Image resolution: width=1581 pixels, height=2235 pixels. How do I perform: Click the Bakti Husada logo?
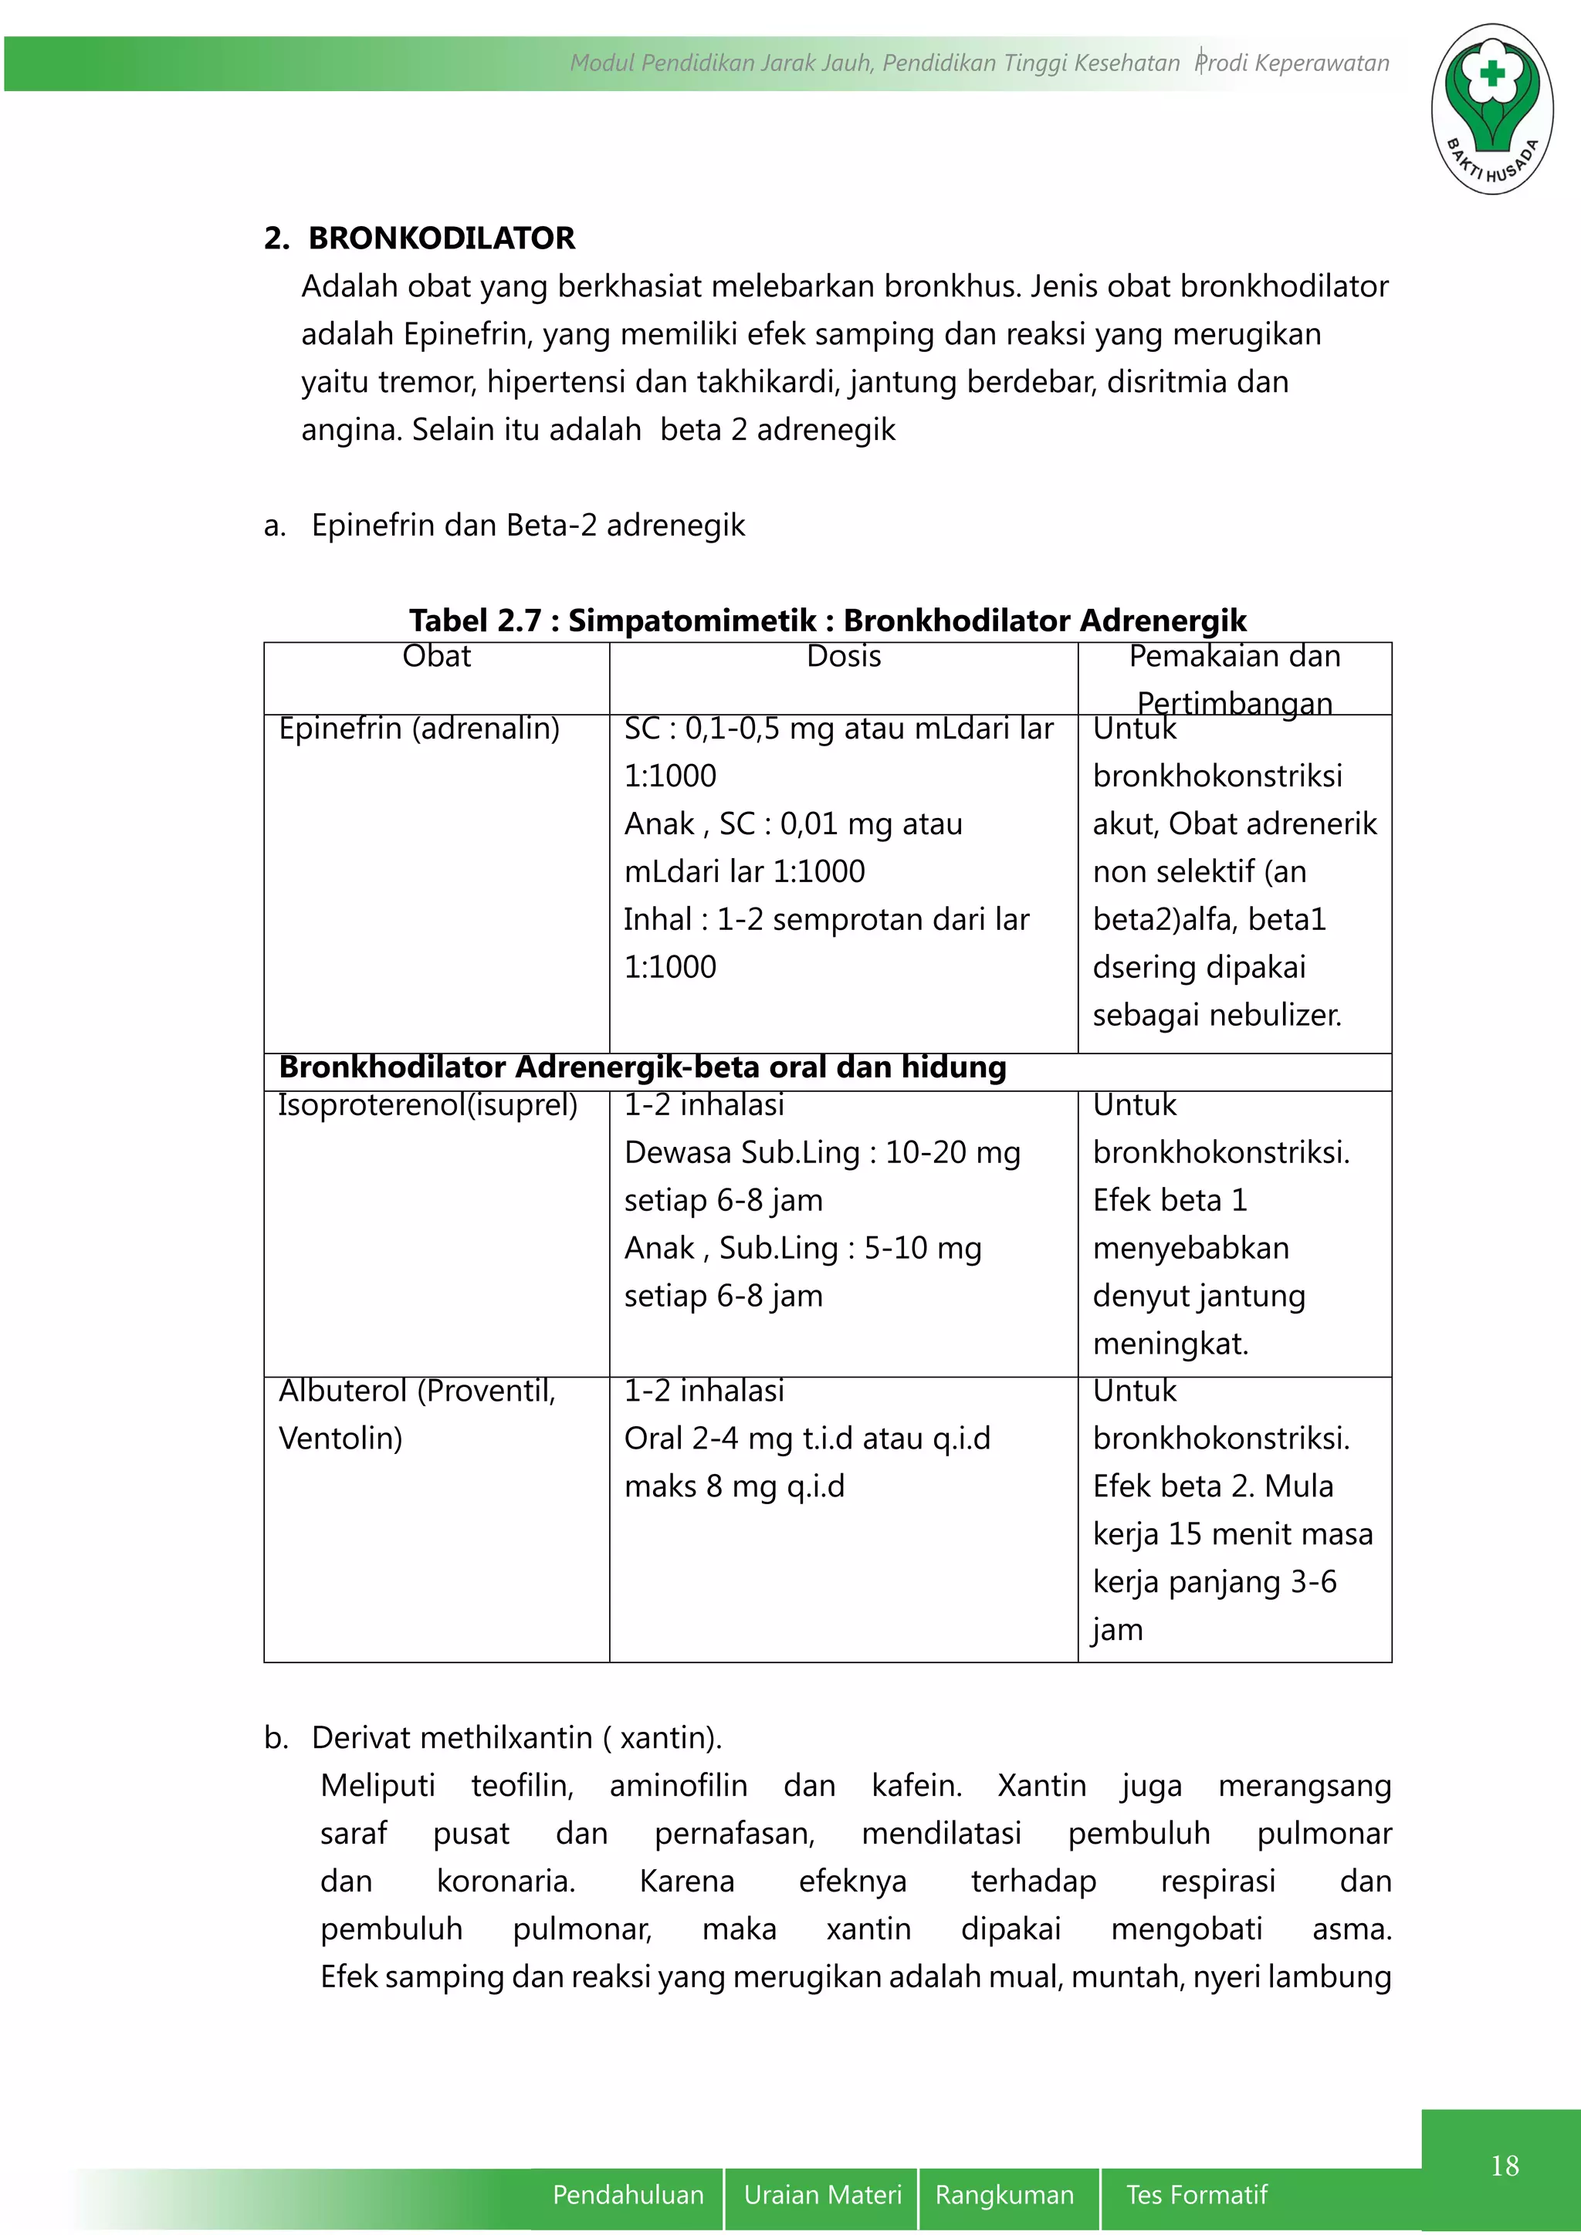1491,109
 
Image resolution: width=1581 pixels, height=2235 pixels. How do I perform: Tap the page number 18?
1504,2166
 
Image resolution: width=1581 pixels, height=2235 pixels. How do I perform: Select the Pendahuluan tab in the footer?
628,2194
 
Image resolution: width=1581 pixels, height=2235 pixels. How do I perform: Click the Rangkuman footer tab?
1004,2194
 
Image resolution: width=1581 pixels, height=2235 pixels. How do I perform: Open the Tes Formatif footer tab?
1196,2194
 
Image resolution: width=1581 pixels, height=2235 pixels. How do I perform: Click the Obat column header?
436,657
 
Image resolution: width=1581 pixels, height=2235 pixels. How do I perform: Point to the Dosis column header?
843,657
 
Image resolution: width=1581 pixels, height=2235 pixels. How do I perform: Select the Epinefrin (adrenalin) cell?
418,729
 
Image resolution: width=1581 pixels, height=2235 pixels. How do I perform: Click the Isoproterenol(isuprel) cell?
428,1105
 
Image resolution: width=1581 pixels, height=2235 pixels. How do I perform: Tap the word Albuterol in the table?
343,1391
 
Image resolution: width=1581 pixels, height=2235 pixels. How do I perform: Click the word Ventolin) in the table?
340,1439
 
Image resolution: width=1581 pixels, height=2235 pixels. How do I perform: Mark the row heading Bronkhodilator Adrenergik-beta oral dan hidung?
642,1068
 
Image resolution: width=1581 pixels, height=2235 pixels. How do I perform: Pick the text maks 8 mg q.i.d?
734,1486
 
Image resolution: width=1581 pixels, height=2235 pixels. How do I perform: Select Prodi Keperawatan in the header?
1292,63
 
